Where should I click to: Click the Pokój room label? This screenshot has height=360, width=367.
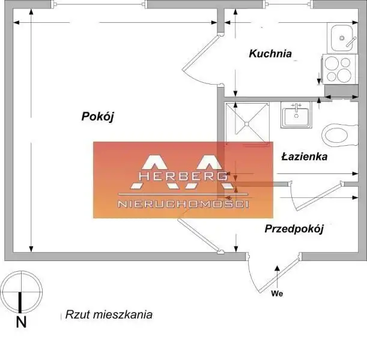(x=97, y=116)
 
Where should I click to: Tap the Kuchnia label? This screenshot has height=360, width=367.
(x=270, y=53)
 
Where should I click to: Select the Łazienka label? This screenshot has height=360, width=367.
(x=305, y=157)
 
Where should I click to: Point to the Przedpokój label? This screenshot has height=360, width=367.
(x=294, y=229)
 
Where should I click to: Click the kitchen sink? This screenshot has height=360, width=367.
(x=342, y=38)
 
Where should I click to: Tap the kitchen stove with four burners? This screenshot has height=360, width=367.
(x=341, y=69)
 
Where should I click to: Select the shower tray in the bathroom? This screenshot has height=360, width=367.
(x=247, y=123)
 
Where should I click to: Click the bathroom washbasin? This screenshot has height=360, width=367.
(x=296, y=115)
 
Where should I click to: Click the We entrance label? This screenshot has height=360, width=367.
(x=277, y=293)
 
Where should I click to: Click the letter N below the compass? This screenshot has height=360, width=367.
(x=21, y=322)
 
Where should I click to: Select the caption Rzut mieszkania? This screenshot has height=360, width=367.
(x=109, y=314)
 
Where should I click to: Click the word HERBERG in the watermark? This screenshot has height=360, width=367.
(x=183, y=176)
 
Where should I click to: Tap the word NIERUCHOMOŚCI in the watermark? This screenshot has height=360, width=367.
(x=183, y=204)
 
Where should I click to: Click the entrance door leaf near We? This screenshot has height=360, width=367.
(x=279, y=273)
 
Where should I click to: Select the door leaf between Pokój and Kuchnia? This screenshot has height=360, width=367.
(x=201, y=53)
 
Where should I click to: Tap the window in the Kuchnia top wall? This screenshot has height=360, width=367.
(x=288, y=4)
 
